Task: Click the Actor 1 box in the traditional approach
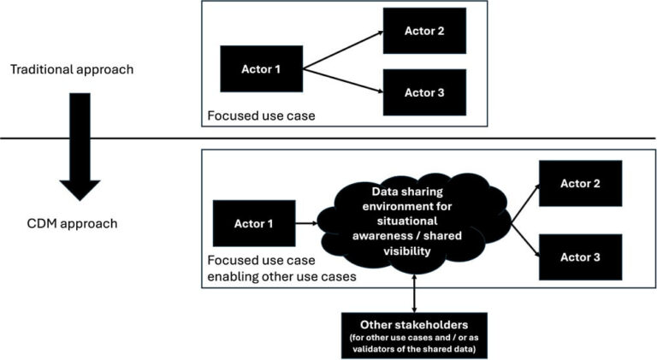(x=261, y=68)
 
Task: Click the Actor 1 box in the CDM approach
(x=254, y=223)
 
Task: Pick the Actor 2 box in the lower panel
(x=580, y=184)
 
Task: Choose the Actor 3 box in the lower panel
(x=580, y=257)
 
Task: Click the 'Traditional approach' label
(x=72, y=68)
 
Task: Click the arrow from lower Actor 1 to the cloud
(x=306, y=223)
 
